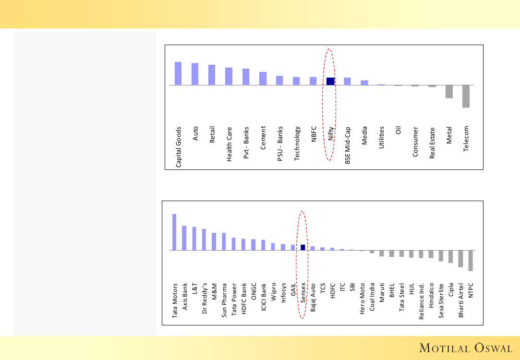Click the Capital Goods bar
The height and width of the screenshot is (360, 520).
click(x=178, y=73)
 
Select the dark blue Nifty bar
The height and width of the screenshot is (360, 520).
click(x=330, y=81)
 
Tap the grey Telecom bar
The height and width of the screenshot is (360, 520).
click(x=466, y=96)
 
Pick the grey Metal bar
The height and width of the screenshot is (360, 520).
click(x=449, y=92)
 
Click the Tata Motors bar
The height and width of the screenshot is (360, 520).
click(x=174, y=232)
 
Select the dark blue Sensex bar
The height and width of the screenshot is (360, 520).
click(x=303, y=247)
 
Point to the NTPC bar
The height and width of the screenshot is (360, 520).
click(x=471, y=261)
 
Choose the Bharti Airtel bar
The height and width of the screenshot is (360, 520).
click(x=460, y=259)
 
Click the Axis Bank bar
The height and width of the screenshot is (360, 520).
click(x=184, y=238)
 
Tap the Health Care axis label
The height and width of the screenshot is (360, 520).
click(x=230, y=144)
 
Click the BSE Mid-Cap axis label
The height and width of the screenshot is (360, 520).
click(x=348, y=145)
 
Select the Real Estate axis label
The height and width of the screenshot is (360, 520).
click(x=432, y=143)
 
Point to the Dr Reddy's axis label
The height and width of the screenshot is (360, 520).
click(x=204, y=298)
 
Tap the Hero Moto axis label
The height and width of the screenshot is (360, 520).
click(x=362, y=299)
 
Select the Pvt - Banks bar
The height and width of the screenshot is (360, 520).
click(x=246, y=77)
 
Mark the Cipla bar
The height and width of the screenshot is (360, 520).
click(x=451, y=256)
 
